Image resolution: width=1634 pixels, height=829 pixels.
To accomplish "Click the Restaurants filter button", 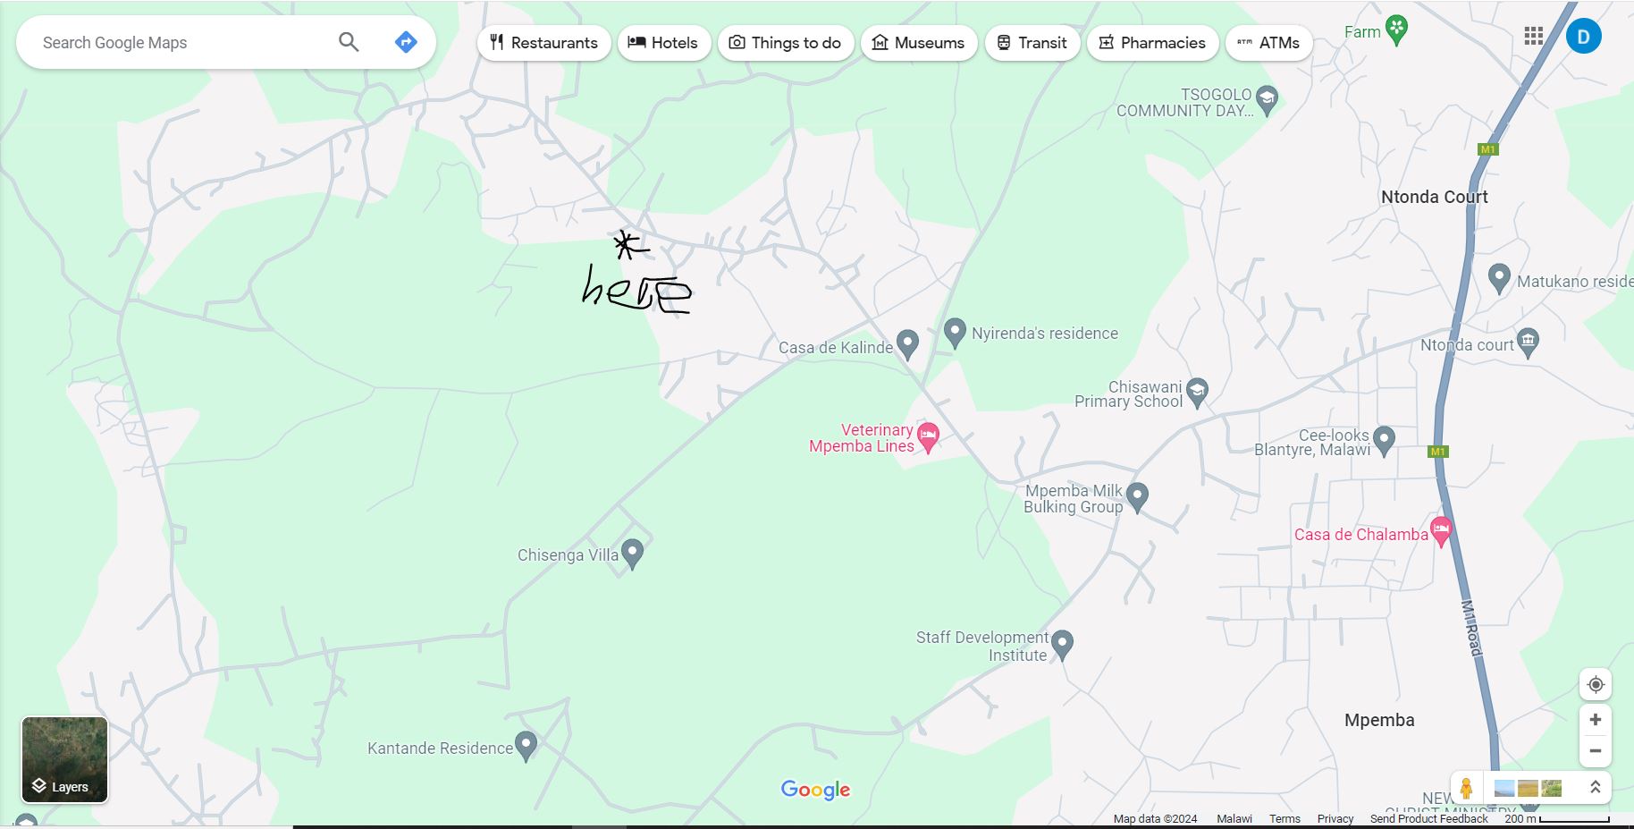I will [x=543, y=43].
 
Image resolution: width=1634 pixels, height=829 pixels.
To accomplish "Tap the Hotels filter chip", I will [x=663, y=43].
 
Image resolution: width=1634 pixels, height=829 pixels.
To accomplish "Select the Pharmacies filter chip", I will [x=1152, y=43].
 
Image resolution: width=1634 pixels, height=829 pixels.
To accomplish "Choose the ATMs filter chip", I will [x=1268, y=43].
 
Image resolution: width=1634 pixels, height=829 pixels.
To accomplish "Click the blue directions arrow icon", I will [x=406, y=42].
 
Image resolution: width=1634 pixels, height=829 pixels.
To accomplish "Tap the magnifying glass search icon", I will [x=349, y=42].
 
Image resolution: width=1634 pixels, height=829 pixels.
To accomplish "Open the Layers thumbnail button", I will [x=64, y=759].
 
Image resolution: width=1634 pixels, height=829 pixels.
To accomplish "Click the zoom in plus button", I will [x=1595, y=720].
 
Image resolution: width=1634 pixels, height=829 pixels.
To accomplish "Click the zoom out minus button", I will [x=1595, y=751].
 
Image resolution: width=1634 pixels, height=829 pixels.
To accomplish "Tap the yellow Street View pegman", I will [x=1466, y=788].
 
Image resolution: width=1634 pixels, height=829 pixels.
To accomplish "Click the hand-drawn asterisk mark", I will [x=628, y=245].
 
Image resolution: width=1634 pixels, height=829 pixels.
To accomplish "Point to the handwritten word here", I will [x=636, y=290].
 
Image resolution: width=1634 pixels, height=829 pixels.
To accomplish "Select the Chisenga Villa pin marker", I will [x=632, y=553].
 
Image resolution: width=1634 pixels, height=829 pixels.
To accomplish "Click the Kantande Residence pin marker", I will [x=526, y=744].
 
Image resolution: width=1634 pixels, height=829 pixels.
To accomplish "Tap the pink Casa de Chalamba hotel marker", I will [x=1440, y=531].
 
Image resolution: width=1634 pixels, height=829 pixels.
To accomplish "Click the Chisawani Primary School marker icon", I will [x=1197, y=391].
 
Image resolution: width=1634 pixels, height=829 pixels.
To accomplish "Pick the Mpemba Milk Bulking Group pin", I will [x=1137, y=495].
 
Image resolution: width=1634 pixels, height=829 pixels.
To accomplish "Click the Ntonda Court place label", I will [x=1434, y=197].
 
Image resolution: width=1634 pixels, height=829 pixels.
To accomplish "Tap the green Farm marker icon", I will [x=1396, y=29].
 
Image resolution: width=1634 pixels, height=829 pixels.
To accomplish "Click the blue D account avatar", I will [x=1583, y=37].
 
